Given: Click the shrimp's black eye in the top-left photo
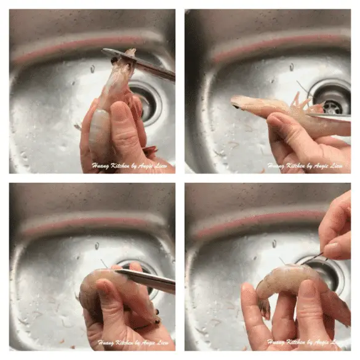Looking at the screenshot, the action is coord(114,60).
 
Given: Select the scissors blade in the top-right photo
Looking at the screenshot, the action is coord(329,117).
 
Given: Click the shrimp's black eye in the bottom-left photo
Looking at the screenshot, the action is coord(157,312).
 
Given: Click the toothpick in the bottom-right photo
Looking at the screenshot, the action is coord(313,259).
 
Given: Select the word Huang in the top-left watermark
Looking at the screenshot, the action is coord(101,166).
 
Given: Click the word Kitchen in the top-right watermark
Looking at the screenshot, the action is coord(296,166).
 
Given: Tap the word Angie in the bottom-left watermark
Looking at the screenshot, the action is coord(150,343).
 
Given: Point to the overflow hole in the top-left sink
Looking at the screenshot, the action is coord(92,68).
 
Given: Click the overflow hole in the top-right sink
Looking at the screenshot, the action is coord(292,66).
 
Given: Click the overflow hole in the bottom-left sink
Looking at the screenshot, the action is coord(97,246).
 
